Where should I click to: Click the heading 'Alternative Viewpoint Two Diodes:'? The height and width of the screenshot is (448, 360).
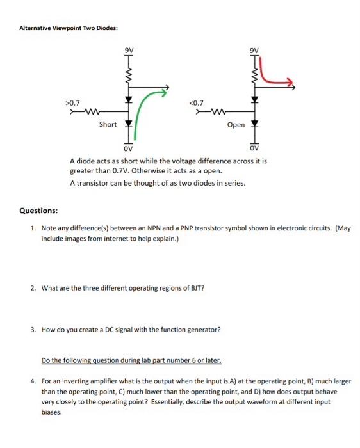68,28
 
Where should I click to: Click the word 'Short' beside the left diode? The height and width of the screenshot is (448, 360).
108,124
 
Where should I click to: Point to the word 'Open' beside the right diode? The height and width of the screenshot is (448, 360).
236,125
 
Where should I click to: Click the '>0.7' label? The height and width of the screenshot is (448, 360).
72,102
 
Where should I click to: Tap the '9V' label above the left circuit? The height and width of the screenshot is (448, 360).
129,49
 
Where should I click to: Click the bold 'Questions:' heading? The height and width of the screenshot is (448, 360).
38,211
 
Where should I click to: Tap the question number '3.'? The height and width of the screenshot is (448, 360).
33,330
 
